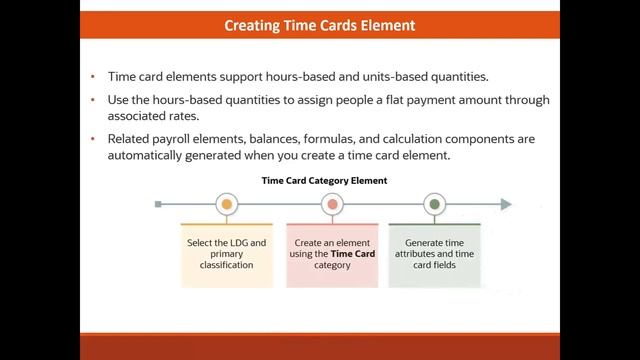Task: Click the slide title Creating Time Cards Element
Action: point(320,25)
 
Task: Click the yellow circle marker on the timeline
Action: point(227,204)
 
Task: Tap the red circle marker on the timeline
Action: point(333,204)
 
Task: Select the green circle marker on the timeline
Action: point(434,204)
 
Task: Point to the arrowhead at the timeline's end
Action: point(506,204)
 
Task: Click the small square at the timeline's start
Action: point(158,204)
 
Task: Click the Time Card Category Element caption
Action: point(324,181)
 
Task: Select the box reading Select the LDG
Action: point(227,255)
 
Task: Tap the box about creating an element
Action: point(333,255)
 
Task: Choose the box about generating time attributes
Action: point(434,255)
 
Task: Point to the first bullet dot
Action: point(92,77)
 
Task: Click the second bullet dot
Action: point(92,101)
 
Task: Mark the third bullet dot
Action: point(92,140)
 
